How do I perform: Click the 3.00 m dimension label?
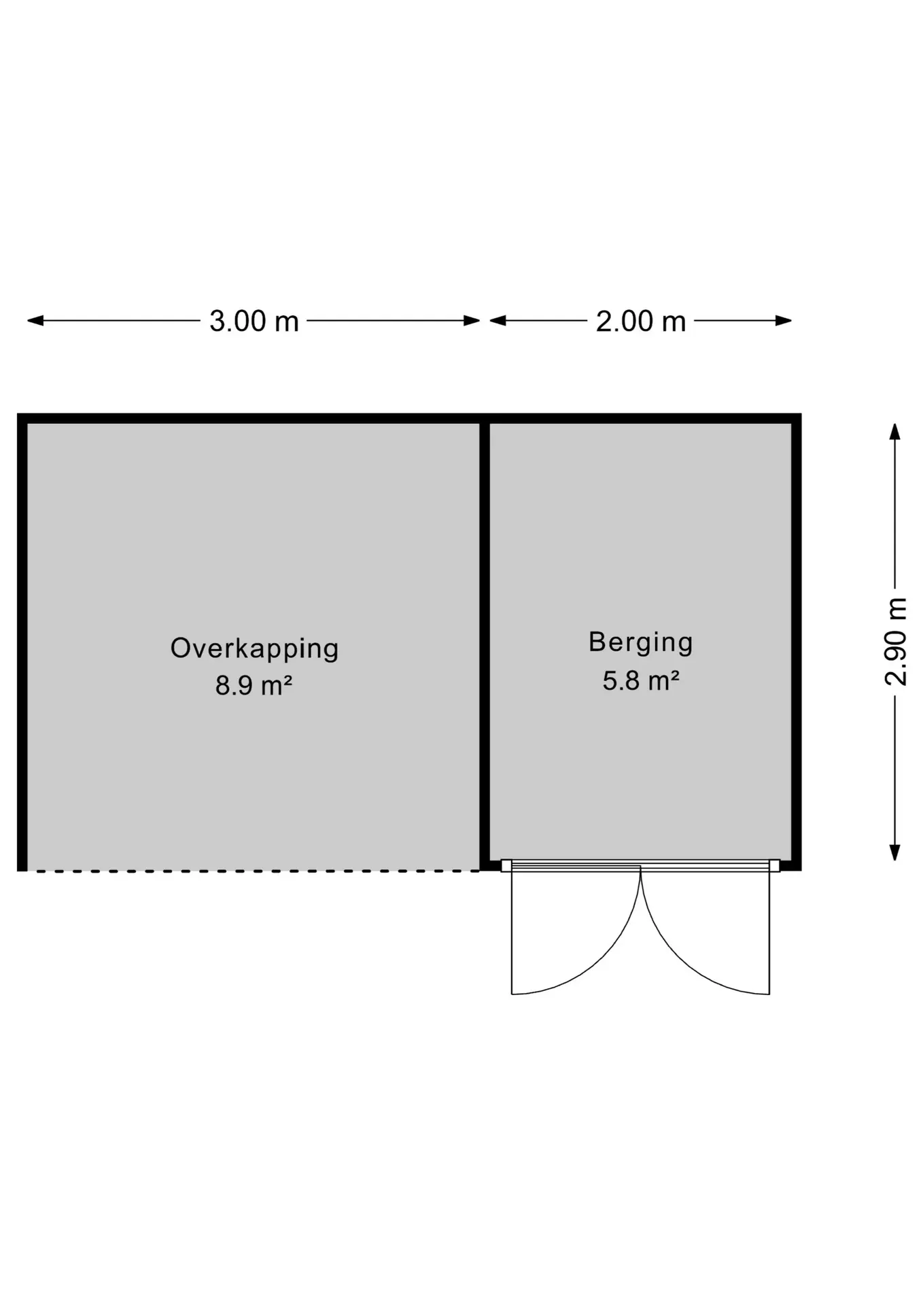(254, 321)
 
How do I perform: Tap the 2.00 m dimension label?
(641, 321)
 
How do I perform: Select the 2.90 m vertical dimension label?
(895, 642)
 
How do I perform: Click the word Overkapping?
(254, 649)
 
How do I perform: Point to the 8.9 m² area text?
(254, 685)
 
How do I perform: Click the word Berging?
(640, 643)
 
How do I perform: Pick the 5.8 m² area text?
(641, 680)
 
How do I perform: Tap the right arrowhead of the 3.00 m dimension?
(472, 320)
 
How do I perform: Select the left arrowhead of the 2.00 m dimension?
(498, 320)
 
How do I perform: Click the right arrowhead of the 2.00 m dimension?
(784, 320)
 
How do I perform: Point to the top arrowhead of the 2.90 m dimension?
(895, 432)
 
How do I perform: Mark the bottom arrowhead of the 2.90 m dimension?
(895, 852)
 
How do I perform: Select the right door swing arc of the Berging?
(677, 963)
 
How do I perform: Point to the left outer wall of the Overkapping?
(22, 642)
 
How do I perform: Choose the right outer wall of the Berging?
(797, 642)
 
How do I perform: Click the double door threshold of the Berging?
(640, 865)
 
